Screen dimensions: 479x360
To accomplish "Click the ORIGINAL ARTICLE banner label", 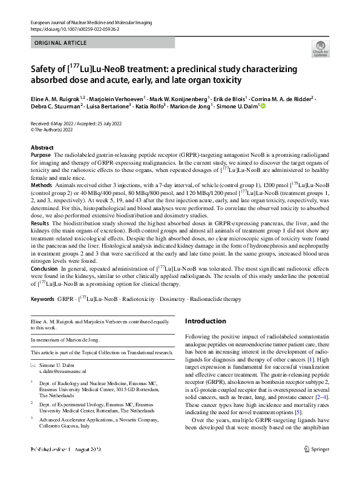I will (59, 44).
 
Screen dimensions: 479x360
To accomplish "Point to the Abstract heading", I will (42, 148).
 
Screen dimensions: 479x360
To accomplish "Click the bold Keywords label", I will (43, 300).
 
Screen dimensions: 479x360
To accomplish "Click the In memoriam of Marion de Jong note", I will (64, 340).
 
